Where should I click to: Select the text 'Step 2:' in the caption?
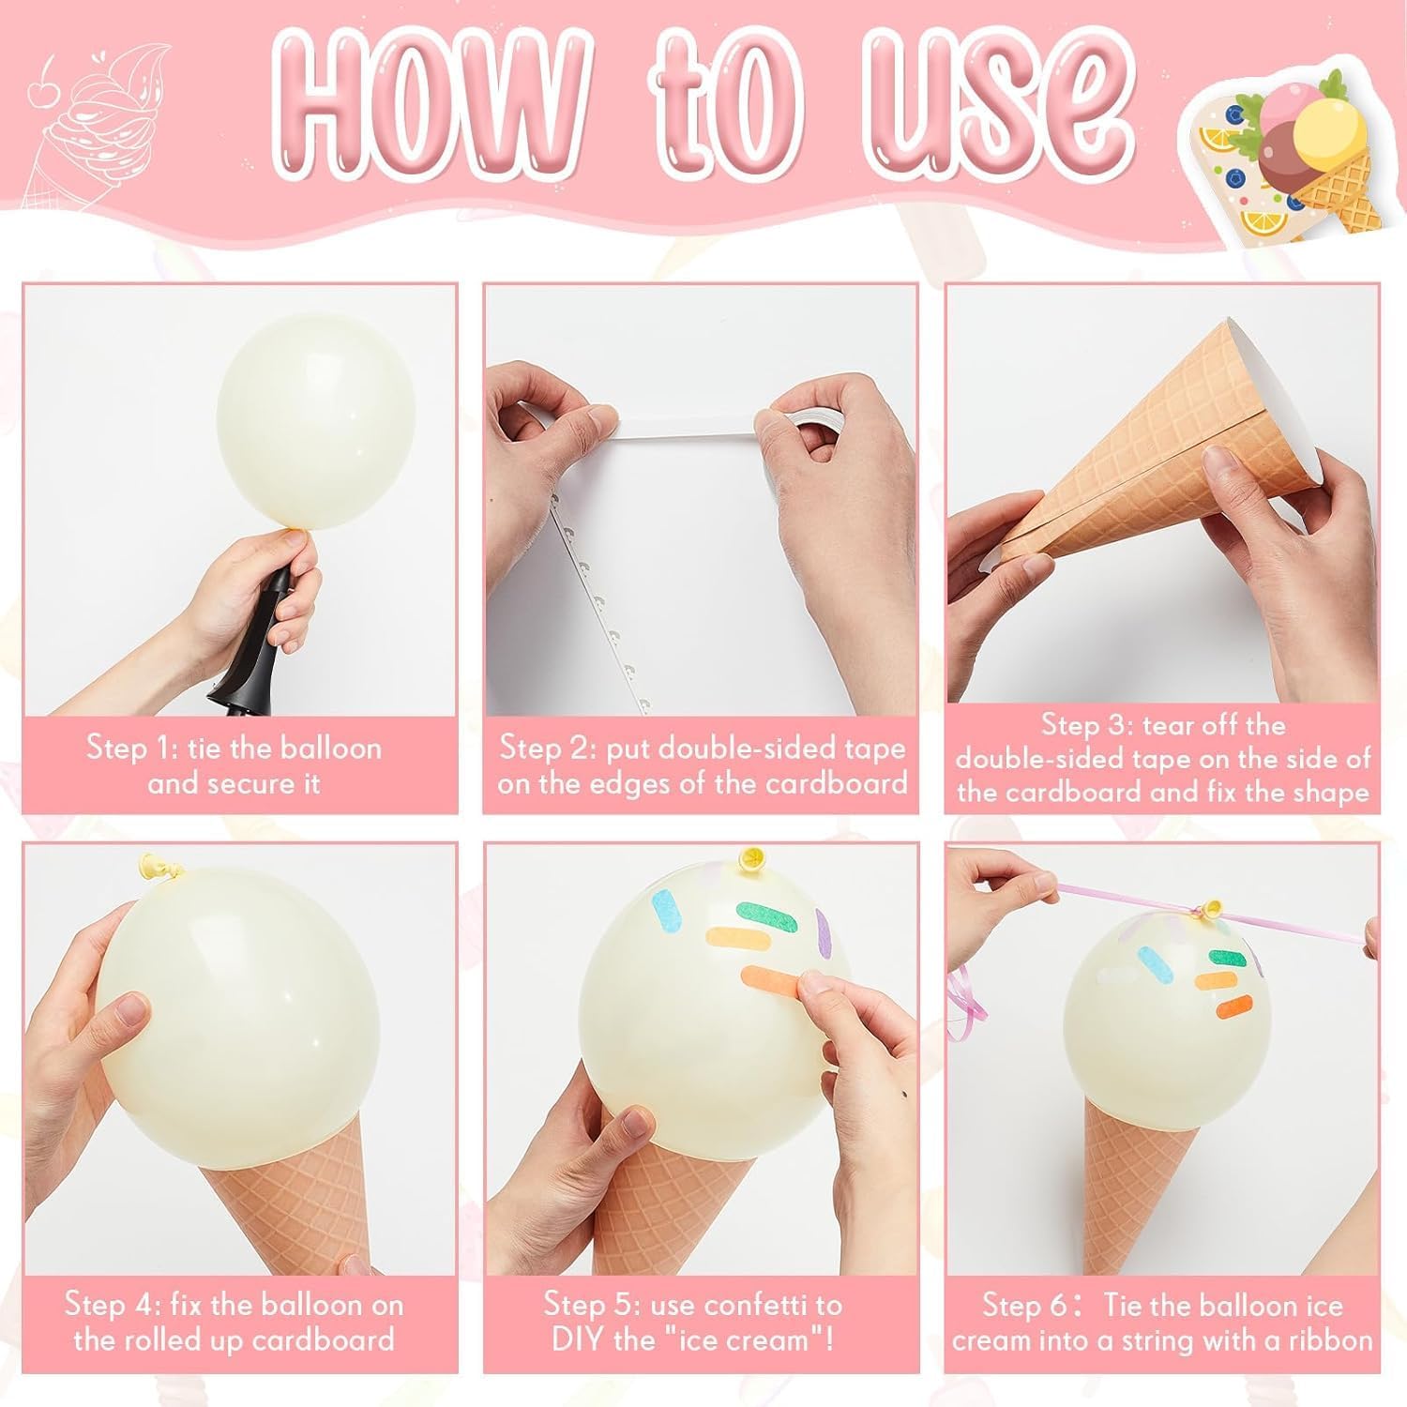click(x=548, y=749)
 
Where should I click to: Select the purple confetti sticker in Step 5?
click(x=825, y=929)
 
